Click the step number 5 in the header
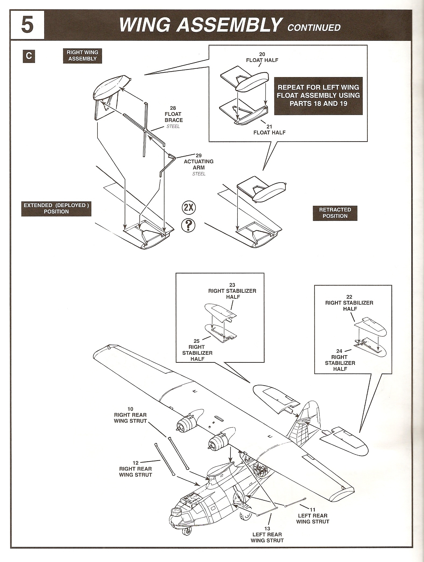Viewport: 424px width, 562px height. click(x=27, y=25)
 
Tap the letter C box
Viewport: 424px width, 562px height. click(x=29, y=56)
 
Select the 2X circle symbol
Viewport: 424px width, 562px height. click(x=189, y=208)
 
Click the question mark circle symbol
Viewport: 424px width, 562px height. click(x=188, y=225)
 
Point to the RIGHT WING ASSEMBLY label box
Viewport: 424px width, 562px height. click(x=82, y=56)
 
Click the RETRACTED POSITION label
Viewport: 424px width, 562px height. click(x=335, y=213)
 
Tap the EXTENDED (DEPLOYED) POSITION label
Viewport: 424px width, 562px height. click(x=56, y=208)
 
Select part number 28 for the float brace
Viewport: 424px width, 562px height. click(x=173, y=108)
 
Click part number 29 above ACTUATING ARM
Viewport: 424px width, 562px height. click(x=199, y=155)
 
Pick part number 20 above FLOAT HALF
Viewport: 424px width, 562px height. click(x=262, y=54)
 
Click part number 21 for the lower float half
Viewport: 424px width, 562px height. click(x=269, y=127)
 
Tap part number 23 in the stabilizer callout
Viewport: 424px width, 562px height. click(x=232, y=285)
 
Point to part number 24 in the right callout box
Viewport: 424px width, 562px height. click(x=339, y=351)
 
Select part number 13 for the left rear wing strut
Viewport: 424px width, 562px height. click(x=267, y=529)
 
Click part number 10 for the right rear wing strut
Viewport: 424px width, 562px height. click(x=130, y=409)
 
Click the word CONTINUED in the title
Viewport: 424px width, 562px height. click(x=314, y=27)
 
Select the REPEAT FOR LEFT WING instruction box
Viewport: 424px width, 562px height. click(x=318, y=96)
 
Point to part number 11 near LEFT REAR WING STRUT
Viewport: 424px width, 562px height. click(x=313, y=510)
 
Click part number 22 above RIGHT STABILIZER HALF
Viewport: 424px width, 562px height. click(x=349, y=297)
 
